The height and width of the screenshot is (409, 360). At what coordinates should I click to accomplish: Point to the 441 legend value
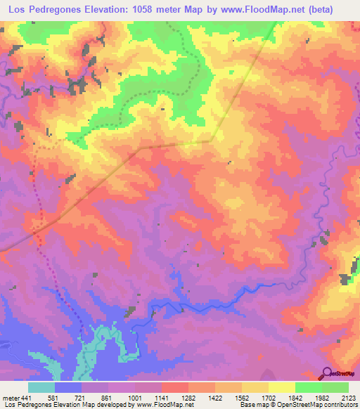point(27,399)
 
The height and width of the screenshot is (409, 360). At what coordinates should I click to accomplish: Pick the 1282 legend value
point(169,399)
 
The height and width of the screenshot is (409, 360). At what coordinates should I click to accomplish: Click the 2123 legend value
point(347,399)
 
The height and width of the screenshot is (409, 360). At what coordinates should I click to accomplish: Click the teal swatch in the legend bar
point(41,387)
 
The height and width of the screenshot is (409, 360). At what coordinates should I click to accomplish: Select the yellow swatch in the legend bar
point(281,387)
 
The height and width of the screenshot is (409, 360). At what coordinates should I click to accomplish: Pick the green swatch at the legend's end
point(335,387)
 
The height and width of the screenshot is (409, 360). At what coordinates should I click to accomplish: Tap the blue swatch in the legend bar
point(68,387)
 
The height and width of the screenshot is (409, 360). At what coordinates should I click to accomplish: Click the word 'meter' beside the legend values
point(11,399)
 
